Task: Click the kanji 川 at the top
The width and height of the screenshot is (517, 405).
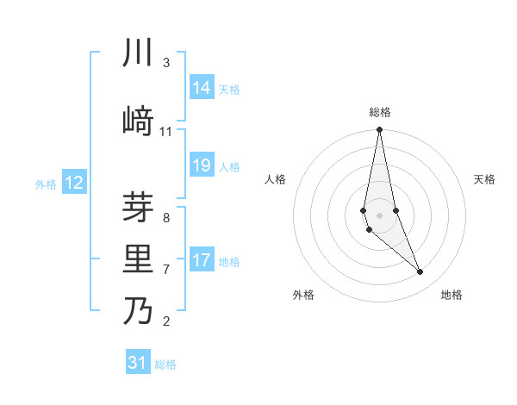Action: [x=139, y=53]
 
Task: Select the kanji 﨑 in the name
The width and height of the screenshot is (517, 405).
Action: [x=139, y=122]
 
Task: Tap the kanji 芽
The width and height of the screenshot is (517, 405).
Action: [x=139, y=209]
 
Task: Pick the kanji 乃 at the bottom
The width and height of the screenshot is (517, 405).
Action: [x=139, y=310]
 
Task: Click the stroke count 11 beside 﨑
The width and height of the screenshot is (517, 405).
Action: [x=166, y=132]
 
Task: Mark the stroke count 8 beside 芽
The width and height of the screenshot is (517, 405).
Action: [x=166, y=218]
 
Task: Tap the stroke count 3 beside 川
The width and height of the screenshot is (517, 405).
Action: [x=166, y=63]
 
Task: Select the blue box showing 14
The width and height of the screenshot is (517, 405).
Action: [x=202, y=88]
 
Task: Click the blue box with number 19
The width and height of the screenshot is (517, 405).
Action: [x=202, y=165]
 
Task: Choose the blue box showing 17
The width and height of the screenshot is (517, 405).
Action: [x=202, y=260]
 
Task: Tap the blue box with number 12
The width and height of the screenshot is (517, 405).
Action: [x=74, y=183]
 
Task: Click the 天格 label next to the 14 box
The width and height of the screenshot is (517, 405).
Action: [x=229, y=89]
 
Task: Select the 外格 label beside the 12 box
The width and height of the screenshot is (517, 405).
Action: [x=46, y=184]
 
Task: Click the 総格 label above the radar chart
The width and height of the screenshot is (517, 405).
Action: [x=380, y=112]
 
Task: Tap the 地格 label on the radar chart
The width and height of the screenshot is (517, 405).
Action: [x=452, y=295]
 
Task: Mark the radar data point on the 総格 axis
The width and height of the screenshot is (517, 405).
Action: [x=380, y=129]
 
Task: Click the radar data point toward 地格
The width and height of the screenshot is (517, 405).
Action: [x=420, y=272]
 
